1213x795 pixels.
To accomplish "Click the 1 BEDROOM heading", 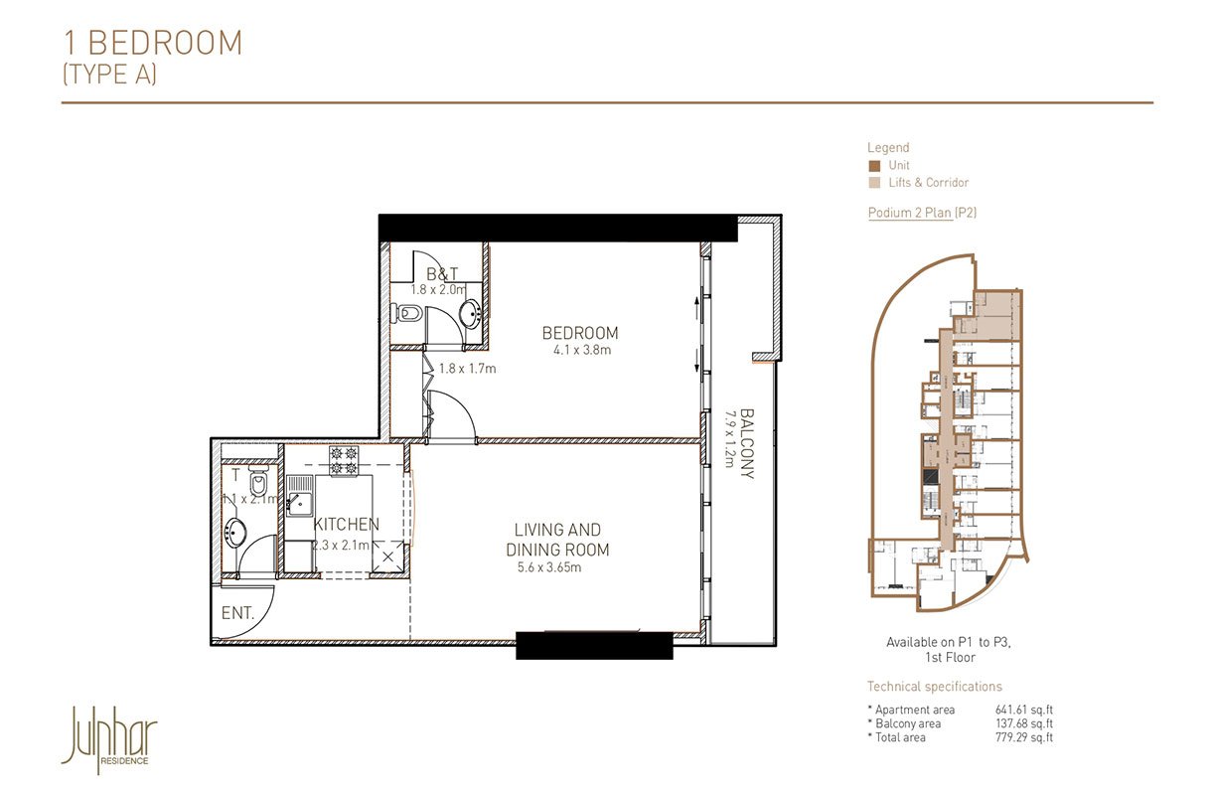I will click(153, 43).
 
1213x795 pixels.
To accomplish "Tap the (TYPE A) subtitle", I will click(109, 75).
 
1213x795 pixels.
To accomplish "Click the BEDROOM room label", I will click(579, 333).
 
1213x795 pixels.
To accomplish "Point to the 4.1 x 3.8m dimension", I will click(579, 350).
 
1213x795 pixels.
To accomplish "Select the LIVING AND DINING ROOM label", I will click(556, 540).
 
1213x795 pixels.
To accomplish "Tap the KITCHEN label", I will click(346, 524).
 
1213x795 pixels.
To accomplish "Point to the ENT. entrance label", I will click(237, 614).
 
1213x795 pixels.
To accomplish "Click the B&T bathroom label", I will click(441, 273).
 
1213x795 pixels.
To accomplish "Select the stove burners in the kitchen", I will click(343, 458).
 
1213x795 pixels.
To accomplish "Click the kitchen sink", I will click(299, 494).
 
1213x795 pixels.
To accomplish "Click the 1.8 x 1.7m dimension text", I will click(467, 369).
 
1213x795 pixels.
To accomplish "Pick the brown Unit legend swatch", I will click(873, 166).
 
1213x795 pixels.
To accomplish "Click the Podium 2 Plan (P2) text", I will click(922, 213).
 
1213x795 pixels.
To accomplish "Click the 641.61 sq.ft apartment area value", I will click(1023, 710).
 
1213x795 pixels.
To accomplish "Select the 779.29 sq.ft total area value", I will click(1023, 737).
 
